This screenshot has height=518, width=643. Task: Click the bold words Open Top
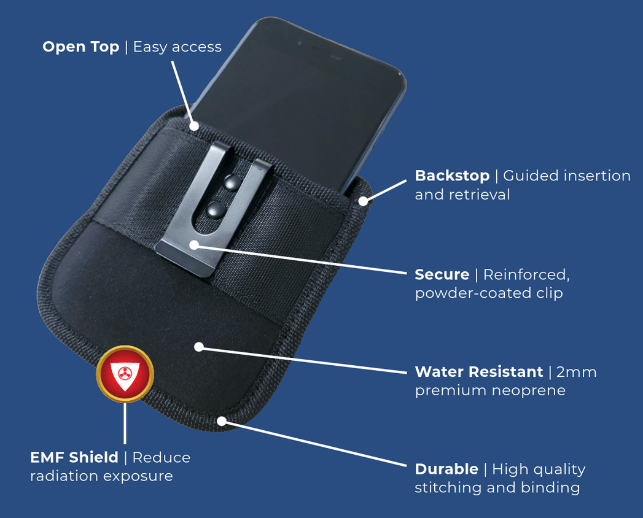(x=80, y=47)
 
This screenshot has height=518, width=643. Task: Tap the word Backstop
(x=452, y=176)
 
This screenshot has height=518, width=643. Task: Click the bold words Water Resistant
(x=479, y=371)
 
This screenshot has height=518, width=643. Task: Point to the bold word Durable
(x=446, y=469)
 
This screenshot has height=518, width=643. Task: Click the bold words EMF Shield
(x=74, y=457)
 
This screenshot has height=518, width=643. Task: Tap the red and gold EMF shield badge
(x=125, y=374)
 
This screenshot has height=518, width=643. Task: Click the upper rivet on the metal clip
(x=232, y=180)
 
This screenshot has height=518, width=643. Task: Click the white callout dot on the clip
(x=193, y=244)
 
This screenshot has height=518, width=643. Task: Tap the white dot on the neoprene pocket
(x=198, y=347)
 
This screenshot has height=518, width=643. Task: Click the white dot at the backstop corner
(x=364, y=201)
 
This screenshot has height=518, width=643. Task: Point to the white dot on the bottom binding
(x=222, y=421)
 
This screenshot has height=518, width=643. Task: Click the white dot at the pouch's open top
(x=194, y=126)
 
